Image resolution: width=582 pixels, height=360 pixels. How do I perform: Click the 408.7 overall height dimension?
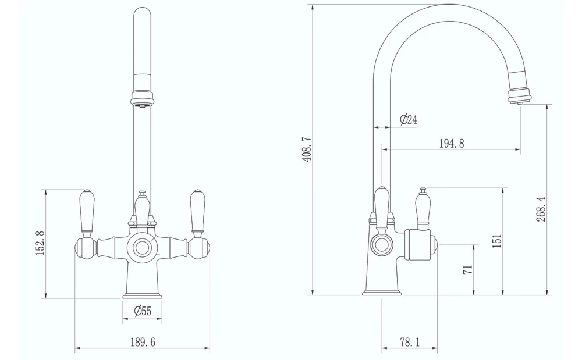(x=307, y=149)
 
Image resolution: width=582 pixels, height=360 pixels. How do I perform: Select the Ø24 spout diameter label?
(x=409, y=119)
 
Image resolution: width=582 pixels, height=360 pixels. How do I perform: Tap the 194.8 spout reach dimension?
(x=451, y=144)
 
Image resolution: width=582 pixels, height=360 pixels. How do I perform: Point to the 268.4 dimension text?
(x=541, y=208)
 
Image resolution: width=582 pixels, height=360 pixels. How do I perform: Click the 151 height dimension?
(x=496, y=240)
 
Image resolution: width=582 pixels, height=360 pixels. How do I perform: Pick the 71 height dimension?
(x=468, y=268)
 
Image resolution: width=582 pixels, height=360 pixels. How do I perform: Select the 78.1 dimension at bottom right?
(x=409, y=343)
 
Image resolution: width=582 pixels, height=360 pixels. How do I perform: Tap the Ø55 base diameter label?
(x=142, y=311)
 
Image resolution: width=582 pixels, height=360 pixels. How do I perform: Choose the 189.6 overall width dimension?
(x=142, y=343)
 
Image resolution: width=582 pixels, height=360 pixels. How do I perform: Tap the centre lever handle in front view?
(x=142, y=208)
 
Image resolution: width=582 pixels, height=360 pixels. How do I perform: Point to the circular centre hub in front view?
(x=142, y=248)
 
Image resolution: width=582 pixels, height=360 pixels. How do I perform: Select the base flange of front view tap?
(x=142, y=295)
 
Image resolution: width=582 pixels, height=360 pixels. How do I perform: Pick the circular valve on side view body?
(x=381, y=244)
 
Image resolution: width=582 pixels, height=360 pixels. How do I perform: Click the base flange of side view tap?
(x=382, y=293)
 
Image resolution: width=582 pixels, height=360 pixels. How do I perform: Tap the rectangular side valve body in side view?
(x=418, y=244)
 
